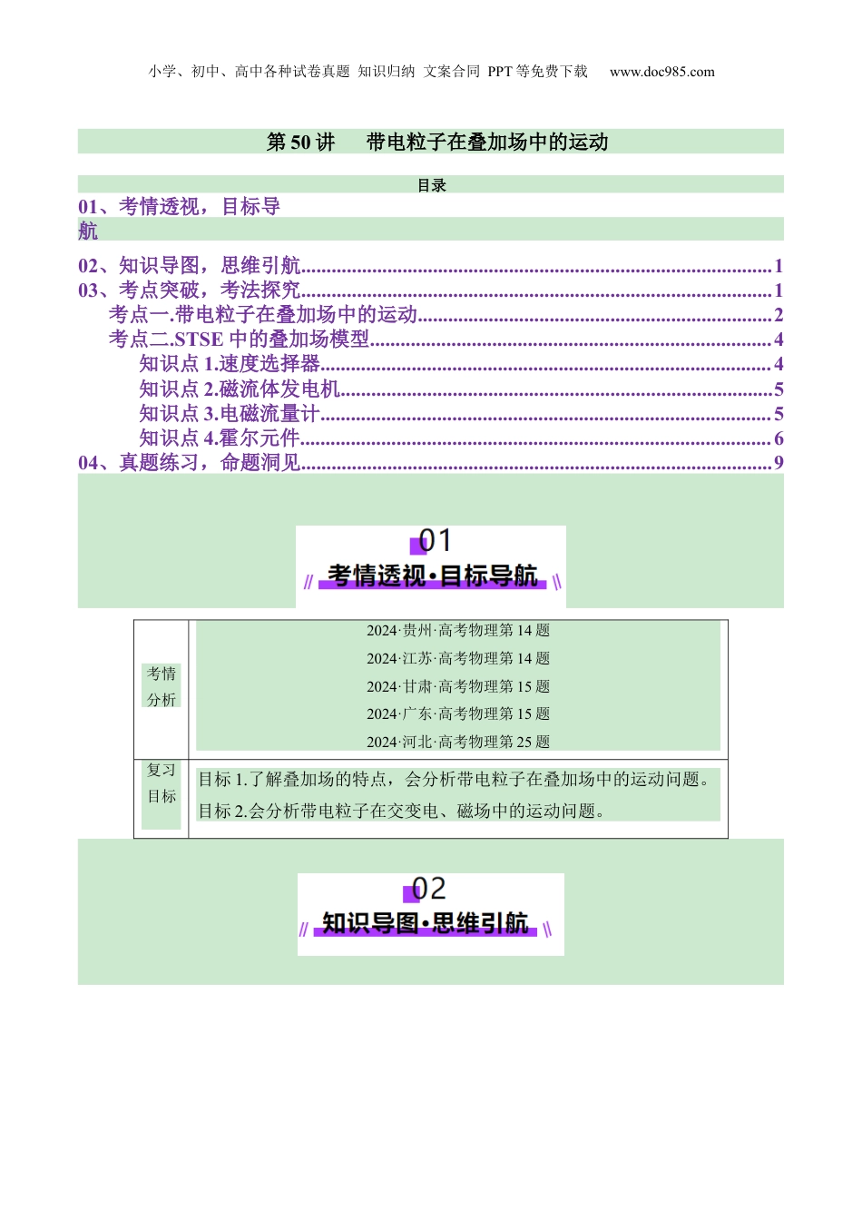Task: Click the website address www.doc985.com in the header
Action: [x=661, y=72]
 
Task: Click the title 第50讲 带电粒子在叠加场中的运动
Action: [x=436, y=142]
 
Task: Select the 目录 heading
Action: [x=431, y=185]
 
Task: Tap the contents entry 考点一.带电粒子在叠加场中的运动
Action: [x=263, y=315]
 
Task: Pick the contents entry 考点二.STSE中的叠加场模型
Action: [x=240, y=339]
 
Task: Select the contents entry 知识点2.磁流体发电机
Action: [x=240, y=389]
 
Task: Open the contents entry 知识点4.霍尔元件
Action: [x=220, y=438]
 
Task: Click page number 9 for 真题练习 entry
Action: [x=779, y=463]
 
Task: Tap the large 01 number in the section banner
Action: [x=435, y=541]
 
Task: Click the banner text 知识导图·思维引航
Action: [x=426, y=923]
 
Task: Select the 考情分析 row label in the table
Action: [x=162, y=686]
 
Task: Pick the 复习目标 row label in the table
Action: [x=162, y=783]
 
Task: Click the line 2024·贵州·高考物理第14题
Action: [x=458, y=631]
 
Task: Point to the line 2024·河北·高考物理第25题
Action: [x=458, y=743]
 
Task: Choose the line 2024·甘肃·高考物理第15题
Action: [x=458, y=687]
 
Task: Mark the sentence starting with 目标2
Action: [x=402, y=812]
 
